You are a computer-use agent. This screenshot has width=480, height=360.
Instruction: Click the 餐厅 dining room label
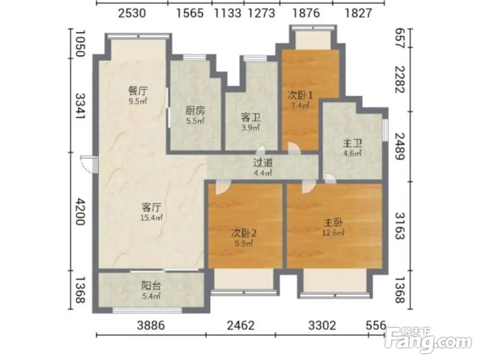coord(138,91)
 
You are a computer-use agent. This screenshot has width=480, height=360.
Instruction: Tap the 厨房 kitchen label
coord(195,110)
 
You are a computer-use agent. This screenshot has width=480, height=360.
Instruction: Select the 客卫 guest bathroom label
coord(251,117)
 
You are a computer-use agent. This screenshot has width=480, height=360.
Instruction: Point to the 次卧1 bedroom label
coord(300,95)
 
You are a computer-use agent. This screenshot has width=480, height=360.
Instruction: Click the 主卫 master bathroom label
coord(352,143)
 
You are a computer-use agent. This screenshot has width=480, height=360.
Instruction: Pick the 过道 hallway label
coord(263,163)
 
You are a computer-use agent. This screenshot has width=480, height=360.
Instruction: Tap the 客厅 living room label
coord(151,207)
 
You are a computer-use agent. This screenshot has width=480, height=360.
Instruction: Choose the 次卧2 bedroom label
coord(244,234)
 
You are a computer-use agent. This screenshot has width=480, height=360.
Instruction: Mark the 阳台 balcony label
coord(151,286)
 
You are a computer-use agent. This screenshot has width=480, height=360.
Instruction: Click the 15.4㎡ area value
coord(151,218)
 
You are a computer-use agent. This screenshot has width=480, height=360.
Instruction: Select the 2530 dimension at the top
coord(132,13)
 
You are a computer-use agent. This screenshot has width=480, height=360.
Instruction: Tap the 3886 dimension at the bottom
coord(151,325)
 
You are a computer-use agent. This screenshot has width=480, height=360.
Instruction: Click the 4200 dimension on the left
coord(80,212)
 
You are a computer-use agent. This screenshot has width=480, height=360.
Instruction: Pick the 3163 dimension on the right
coord(400,226)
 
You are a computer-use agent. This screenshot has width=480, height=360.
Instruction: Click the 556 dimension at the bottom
coord(376,325)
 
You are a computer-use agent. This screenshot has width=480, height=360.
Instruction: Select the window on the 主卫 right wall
coord(385,130)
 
